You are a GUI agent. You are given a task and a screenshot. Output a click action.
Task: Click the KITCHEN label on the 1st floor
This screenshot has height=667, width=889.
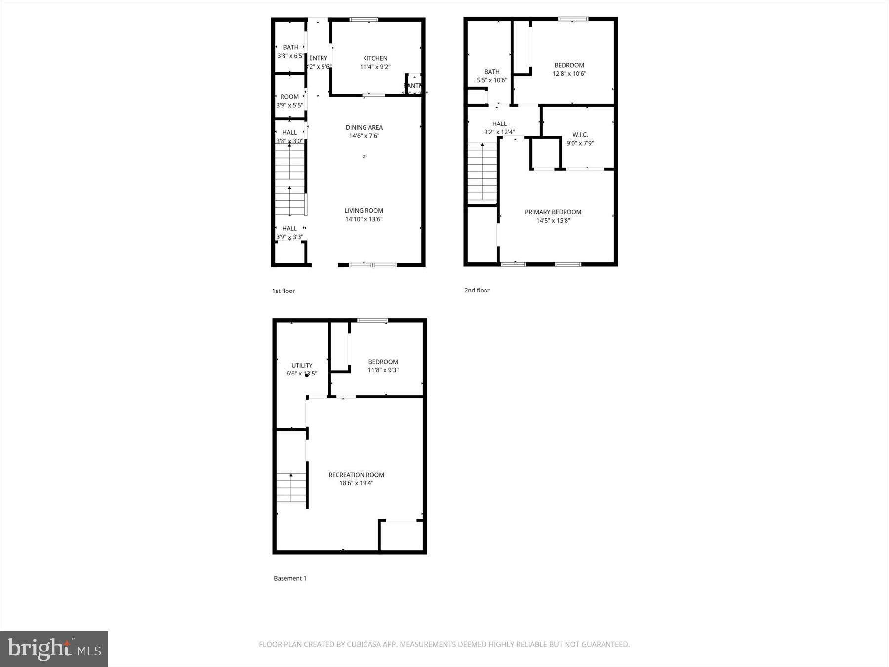(x=375, y=58)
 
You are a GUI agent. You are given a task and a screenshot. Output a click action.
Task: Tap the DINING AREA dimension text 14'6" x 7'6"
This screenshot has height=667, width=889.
(x=364, y=136)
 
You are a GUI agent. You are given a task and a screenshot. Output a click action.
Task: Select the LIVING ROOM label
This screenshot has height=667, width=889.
(x=364, y=211)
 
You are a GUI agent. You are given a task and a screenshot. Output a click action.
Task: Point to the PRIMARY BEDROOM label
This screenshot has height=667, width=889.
(x=553, y=212)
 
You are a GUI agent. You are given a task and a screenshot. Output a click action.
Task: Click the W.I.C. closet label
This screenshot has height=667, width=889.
(x=580, y=135)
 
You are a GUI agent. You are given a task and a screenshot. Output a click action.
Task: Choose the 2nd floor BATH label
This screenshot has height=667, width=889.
(x=492, y=72)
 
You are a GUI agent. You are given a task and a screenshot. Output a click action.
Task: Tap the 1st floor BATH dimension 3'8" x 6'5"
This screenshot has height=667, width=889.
(x=290, y=56)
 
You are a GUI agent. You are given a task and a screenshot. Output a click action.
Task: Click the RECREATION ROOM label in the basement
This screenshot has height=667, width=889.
(x=356, y=475)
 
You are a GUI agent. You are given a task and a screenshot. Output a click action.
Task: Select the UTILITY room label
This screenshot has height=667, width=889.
(x=302, y=366)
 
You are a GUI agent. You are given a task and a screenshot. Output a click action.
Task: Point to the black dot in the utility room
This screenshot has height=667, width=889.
(x=307, y=375)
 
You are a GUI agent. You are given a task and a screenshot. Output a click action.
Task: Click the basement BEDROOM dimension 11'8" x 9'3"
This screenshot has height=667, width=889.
(x=383, y=370)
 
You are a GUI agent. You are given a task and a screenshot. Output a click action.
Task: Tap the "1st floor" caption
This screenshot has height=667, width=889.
(x=283, y=291)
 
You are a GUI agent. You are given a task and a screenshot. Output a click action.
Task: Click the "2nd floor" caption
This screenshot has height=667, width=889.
(x=477, y=290)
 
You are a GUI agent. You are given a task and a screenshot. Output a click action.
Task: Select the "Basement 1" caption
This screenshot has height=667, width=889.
(x=290, y=578)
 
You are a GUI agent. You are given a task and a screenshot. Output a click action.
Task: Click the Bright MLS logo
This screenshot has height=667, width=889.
(x=54, y=649)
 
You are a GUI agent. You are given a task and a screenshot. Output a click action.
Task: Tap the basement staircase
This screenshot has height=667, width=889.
(x=291, y=488)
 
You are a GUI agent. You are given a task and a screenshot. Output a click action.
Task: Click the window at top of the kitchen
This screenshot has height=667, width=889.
(x=364, y=20)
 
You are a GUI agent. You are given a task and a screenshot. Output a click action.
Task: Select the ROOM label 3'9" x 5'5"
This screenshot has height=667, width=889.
(x=289, y=97)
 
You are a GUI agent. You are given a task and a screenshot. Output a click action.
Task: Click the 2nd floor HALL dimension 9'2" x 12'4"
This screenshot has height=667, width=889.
(x=499, y=132)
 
